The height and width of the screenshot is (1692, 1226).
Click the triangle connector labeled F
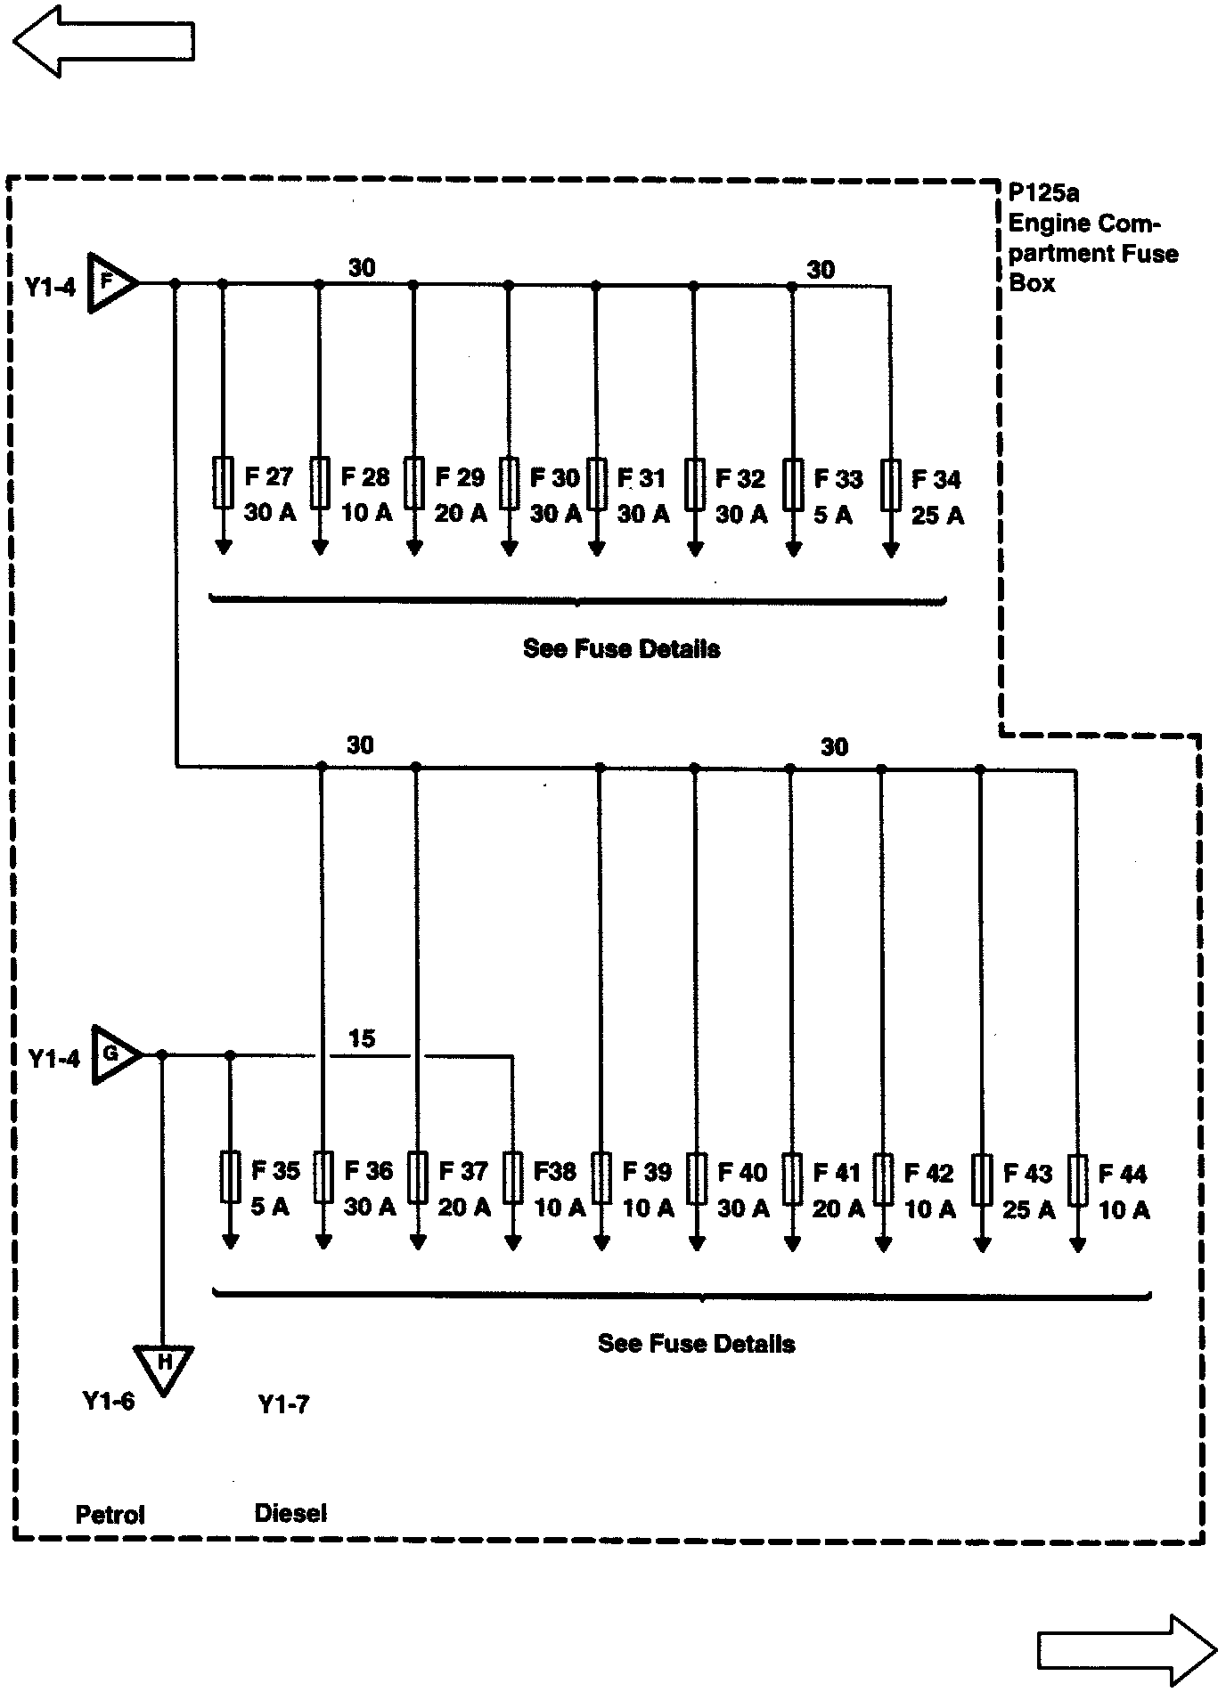(x=110, y=283)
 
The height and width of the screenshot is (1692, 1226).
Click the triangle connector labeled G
(x=113, y=1054)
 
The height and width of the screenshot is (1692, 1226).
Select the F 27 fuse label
(x=268, y=477)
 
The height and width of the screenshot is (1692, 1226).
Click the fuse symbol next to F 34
(x=890, y=485)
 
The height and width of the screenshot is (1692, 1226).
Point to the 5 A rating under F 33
(x=832, y=515)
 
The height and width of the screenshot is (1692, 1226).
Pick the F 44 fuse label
(x=1123, y=1174)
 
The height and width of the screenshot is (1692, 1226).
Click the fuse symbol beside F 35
(x=230, y=1177)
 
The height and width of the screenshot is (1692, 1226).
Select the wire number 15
(x=362, y=1038)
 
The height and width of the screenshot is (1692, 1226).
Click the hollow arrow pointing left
(x=103, y=41)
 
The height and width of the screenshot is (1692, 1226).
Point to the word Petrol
(x=110, y=1514)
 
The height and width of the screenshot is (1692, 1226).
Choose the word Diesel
(x=290, y=1512)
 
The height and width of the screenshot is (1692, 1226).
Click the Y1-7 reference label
(x=283, y=1404)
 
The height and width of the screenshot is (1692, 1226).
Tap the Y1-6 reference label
(x=109, y=1401)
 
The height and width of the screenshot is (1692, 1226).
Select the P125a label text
(x=1044, y=192)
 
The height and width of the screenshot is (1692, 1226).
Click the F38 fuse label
(x=554, y=1171)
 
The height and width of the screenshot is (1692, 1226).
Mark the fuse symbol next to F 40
(x=697, y=1179)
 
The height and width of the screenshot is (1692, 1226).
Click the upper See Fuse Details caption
(x=621, y=648)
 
